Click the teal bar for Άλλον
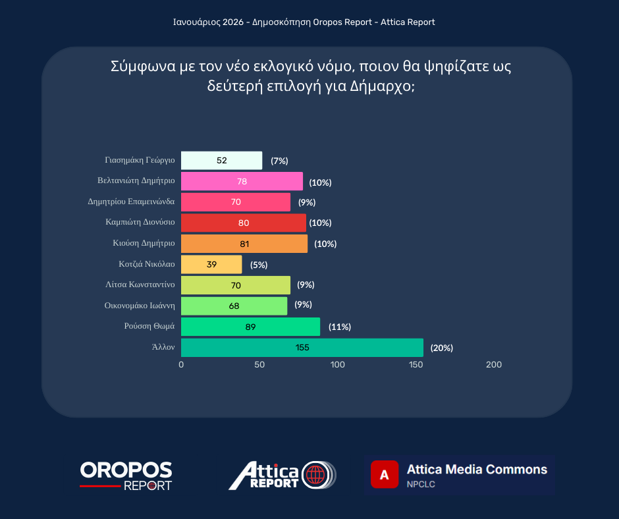pos(302,348)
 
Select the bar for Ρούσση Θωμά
pos(250,327)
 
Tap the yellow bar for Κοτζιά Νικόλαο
pos(211,265)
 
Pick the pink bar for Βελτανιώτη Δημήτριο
pos(242,182)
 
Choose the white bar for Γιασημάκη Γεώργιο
pos(221,161)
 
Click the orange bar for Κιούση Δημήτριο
pos(244,244)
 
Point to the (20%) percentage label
pos(442,348)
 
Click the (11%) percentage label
pos(339,327)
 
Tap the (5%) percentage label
pos(259,265)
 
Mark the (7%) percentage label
pos(279,161)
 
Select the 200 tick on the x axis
pos(493,365)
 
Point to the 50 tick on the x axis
pos(259,365)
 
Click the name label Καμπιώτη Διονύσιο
pos(140,223)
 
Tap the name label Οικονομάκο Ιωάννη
pos(140,306)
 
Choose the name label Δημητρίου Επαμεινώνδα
pos(131,202)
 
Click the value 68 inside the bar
pos(234,306)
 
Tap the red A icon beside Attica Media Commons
pos(385,474)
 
